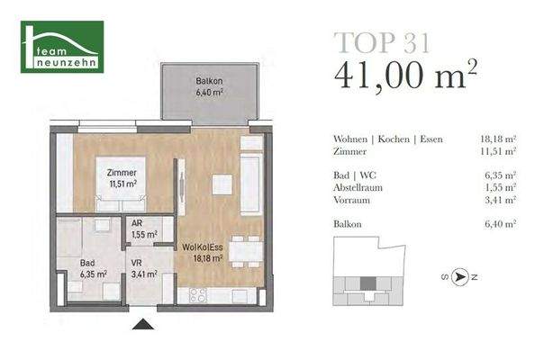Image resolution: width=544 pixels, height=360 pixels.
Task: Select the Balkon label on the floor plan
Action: coord(209,86)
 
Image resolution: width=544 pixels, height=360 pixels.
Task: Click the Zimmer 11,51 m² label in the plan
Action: coord(122,177)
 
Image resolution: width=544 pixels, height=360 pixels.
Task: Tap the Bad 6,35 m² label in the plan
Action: coord(94,268)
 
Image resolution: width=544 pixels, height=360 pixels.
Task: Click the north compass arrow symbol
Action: coord(460,278)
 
